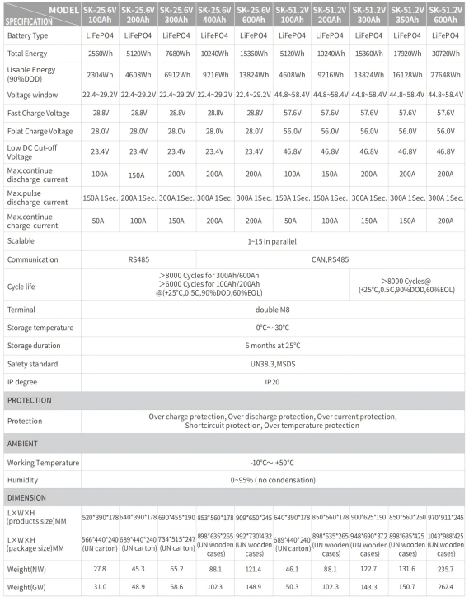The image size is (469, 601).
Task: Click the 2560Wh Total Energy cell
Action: [100, 53]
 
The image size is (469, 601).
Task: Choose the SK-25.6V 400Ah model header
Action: [215, 13]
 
